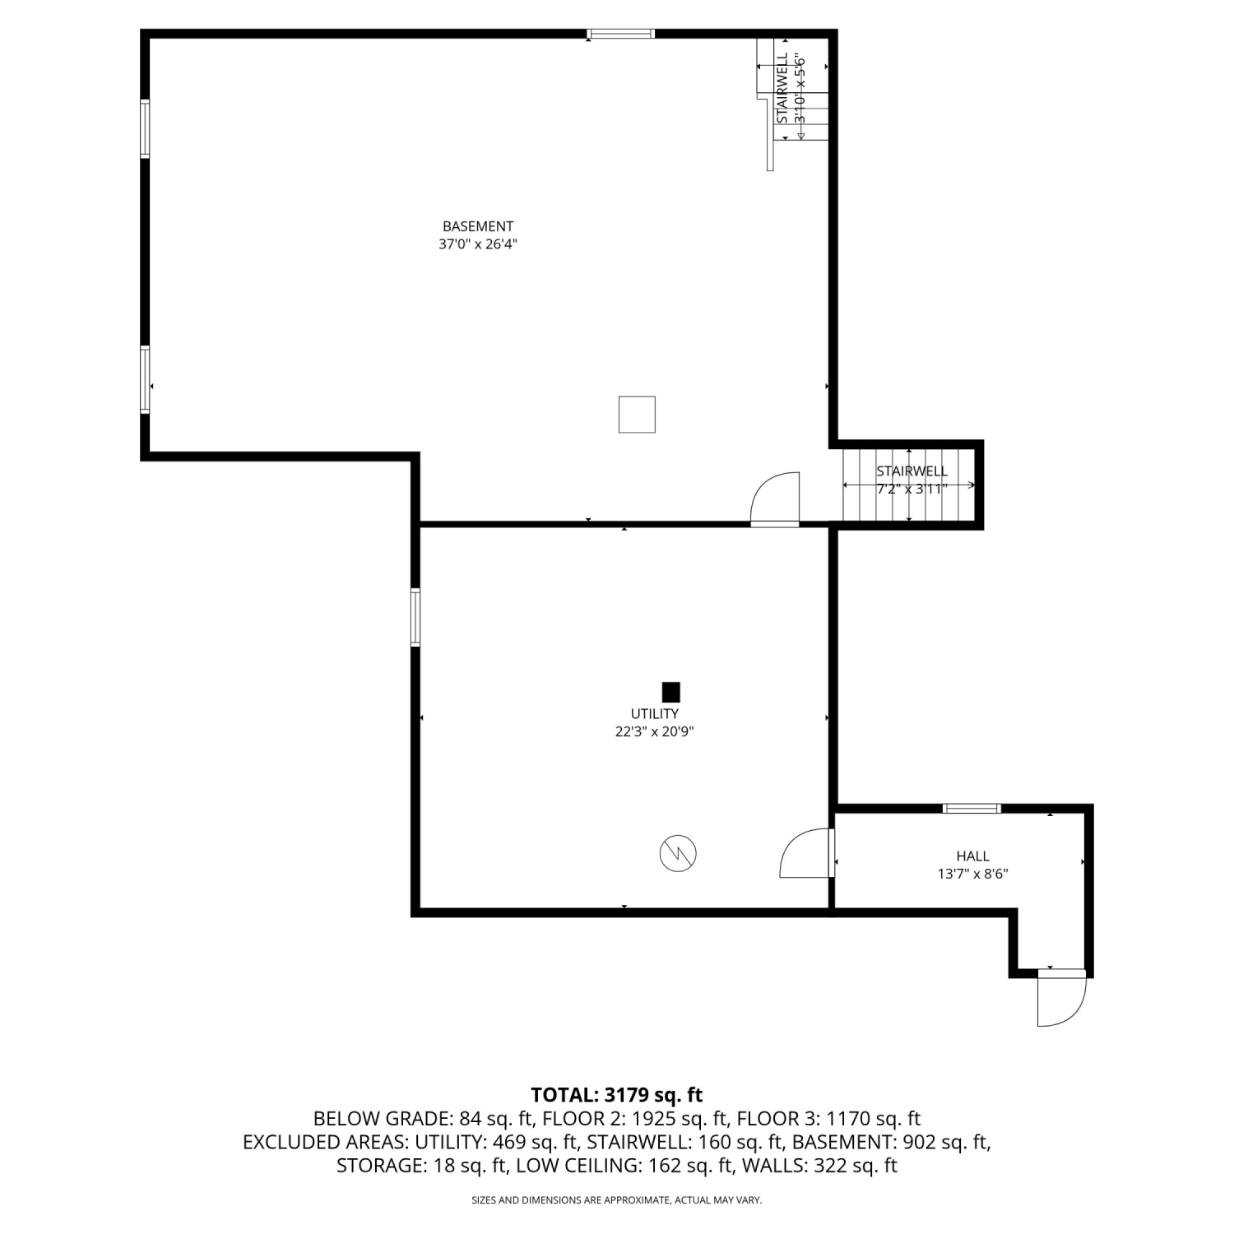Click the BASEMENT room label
(478, 226)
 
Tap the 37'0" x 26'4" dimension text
(478, 244)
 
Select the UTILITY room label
(655, 714)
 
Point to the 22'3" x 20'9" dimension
(655, 731)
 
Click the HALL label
(973, 856)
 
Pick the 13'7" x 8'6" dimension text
(973, 874)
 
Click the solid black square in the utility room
(671, 692)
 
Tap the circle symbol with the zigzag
(678, 854)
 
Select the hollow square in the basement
(637, 414)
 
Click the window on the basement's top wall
(620, 34)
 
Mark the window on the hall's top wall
(972, 809)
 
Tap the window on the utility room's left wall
(415, 617)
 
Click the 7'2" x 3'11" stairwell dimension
(912, 489)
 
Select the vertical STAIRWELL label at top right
(782, 88)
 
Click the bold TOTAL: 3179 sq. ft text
(617, 1095)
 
